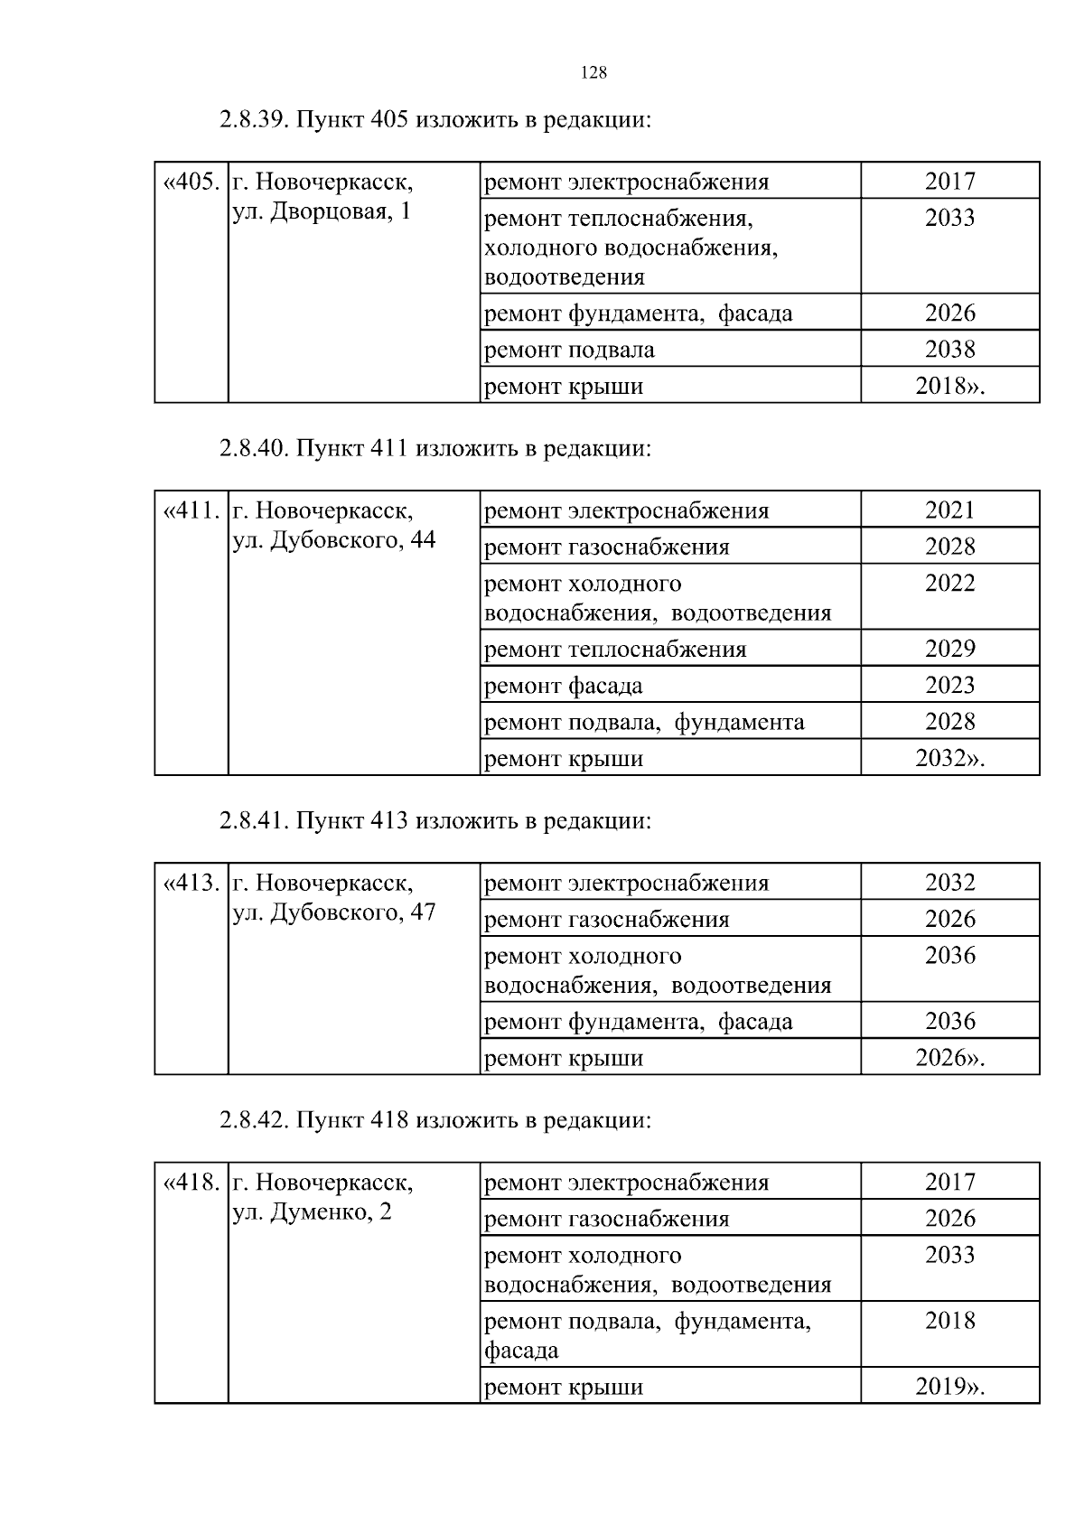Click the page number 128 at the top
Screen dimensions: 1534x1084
point(593,73)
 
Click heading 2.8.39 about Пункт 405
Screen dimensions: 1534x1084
point(435,120)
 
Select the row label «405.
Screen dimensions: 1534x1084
point(191,182)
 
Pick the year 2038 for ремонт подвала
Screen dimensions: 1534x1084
point(949,350)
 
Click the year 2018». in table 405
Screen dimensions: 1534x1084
point(949,387)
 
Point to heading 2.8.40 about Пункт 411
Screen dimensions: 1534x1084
point(435,448)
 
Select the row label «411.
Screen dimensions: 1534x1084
point(191,510)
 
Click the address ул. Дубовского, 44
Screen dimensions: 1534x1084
point(334,540)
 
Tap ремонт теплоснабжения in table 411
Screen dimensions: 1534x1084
point(616,650)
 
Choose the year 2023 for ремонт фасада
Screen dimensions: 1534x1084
point(949,686)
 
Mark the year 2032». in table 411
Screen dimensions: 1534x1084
point(949,759)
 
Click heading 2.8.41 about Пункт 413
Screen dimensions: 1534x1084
point(435,821)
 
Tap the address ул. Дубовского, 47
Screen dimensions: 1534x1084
point(334,912)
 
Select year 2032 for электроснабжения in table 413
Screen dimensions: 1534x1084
point(949,883)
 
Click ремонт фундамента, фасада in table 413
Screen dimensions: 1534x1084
point(639,1022)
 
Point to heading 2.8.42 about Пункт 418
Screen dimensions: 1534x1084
point(435,1120)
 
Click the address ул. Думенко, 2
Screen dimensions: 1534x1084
point(313,1211)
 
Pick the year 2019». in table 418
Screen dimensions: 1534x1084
point(949,1387)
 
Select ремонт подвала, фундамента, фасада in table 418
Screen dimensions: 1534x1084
point(648,1335)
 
